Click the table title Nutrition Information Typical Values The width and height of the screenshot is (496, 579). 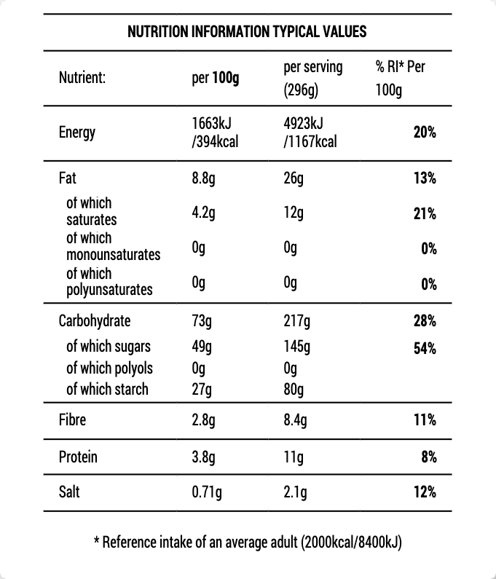247,32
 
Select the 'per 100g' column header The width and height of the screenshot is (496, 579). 215,78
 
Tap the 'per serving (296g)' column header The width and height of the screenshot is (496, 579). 312,79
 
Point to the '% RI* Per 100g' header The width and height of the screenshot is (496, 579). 400,79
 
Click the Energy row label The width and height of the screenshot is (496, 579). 77,133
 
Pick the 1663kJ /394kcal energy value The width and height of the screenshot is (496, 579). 215,133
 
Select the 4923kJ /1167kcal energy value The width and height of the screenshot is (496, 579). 310,133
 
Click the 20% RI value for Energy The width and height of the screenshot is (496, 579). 425,133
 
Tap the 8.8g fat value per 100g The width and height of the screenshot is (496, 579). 202,178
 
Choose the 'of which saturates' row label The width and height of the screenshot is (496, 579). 91,211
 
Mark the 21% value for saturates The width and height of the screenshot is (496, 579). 425,213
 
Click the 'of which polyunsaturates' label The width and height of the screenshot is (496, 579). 109,282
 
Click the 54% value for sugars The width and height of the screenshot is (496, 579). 425,347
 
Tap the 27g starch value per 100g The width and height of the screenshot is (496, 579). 201,389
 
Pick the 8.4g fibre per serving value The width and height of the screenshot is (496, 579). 295,420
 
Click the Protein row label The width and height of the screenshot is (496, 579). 78,457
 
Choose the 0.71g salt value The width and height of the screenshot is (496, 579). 207,492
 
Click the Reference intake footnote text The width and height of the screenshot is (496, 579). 248,543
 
